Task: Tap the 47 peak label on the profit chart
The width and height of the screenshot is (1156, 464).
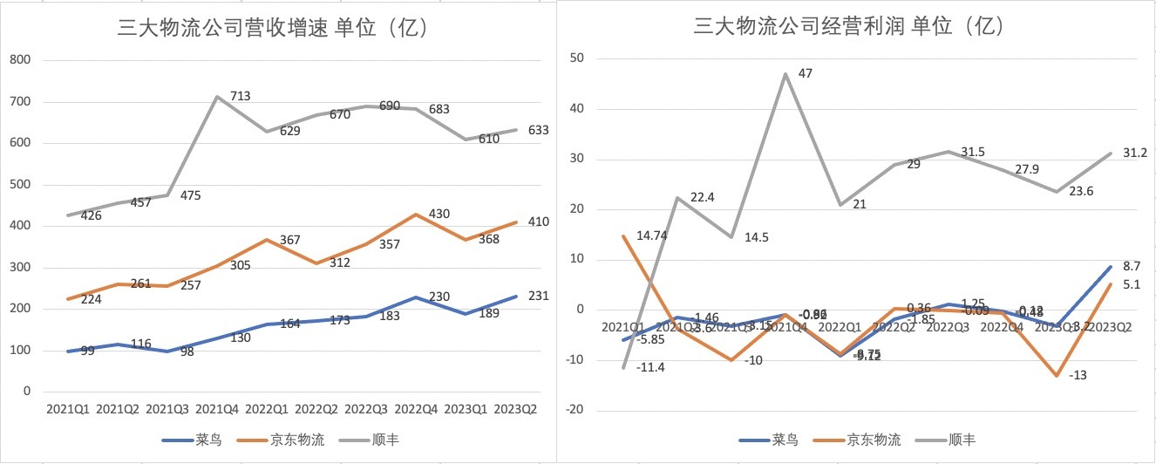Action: coord(806,74)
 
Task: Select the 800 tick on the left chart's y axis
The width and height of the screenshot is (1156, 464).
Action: coord(19,60)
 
